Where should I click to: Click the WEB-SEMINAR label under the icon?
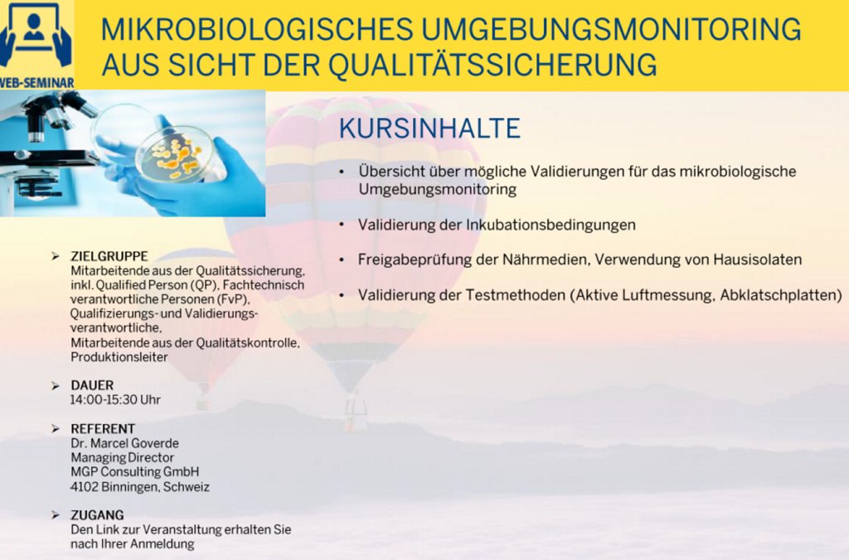[x=36, y=84]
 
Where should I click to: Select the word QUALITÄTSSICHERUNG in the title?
[x=492, y=65]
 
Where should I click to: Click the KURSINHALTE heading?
[x=429, y=129]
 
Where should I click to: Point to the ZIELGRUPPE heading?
[x=109, y=256]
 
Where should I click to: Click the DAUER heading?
[x=92, y=385]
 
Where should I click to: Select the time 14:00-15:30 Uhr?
[x=115, y=400]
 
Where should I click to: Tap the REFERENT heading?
[x=103, y=428]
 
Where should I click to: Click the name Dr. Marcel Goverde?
[x=124, y=443]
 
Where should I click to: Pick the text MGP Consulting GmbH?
[x=135, y=472]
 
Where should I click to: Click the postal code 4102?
[x=84, y=486]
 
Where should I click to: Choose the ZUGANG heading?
[x=98, y=514]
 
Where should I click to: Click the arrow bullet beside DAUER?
[x=56, y=386]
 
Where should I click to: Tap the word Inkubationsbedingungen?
[x=551, y=225]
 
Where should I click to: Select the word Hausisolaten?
[x=757, y=260]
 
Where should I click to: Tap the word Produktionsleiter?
[x=119, y=357]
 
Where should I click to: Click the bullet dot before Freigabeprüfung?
[x=342, y=261]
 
